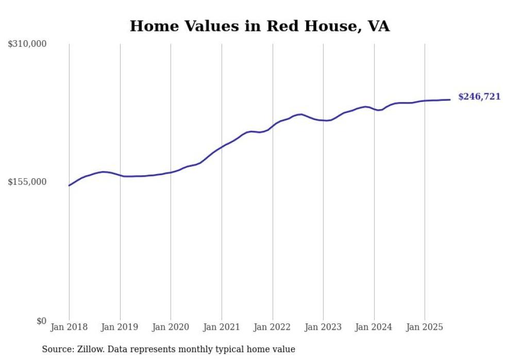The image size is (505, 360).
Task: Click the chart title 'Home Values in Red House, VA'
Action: (x=259, y=26)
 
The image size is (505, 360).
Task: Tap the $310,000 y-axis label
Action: (x=27, y=44)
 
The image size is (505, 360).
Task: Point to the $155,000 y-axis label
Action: (x=27, y=182)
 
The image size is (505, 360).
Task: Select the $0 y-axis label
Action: (x=41, y=321)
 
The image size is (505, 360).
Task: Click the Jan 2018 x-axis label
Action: (x=69, y=327)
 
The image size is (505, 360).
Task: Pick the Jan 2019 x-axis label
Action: (x=120, y=327)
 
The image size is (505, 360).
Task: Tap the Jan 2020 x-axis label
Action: (x=171, y=327)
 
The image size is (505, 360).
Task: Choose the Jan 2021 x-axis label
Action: (x=222, y=327)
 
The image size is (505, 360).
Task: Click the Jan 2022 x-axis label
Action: (x=273, y=327)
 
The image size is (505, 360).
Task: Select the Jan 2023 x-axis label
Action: (x=323, y=327)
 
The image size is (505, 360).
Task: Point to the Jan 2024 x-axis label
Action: (x=374, y=327)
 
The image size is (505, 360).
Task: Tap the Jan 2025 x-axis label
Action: (x=425, y=327)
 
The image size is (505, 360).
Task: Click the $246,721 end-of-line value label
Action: (x=479, y=97)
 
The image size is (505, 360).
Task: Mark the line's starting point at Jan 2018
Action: (x=69, y=185)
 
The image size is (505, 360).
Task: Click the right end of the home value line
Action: (x=450, y=99)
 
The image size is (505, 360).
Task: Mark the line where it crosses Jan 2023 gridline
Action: (x=323, y=121)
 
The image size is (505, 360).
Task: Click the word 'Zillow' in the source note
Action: (x=90, y=349)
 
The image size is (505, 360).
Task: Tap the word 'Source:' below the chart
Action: (x=57, y=349)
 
